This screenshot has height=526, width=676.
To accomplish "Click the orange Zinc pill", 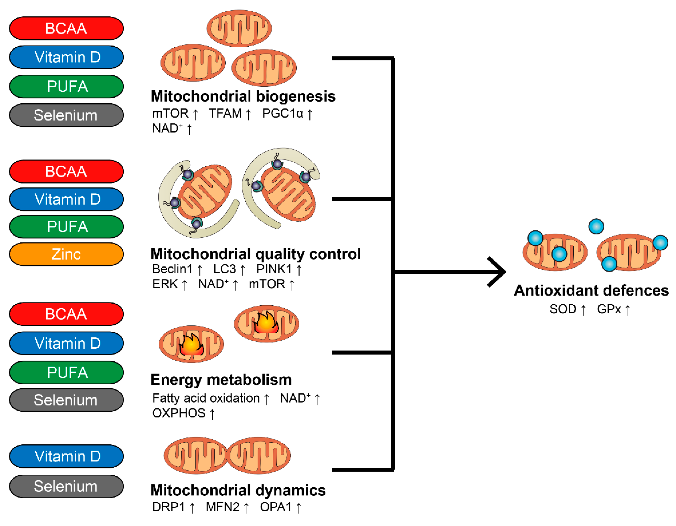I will [66, 254].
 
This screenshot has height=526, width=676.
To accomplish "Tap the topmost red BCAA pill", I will [66, 28].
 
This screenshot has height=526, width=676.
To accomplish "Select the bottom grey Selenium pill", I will [66, 486].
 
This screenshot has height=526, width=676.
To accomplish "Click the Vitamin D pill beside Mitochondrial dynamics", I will [66, 456].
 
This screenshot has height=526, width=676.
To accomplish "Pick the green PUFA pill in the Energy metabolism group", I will [66, 372].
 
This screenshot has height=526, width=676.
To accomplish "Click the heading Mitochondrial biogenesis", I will [243, 96].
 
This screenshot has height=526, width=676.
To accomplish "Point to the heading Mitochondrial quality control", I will [255, 254].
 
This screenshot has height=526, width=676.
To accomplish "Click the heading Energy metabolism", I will [221, 380].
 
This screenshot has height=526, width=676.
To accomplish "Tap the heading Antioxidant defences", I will [591, 291].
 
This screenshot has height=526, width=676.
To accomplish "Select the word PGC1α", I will [282, 114].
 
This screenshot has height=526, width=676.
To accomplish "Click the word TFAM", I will [225, 114].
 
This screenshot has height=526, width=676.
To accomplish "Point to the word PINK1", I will [274, 269].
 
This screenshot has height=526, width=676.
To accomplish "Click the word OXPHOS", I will [179, 413].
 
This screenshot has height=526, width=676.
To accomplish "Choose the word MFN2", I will [223, 507].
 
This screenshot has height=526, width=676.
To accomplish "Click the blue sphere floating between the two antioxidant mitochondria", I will [596, 226].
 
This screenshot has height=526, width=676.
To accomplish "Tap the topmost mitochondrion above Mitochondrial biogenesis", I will [239, 28].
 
